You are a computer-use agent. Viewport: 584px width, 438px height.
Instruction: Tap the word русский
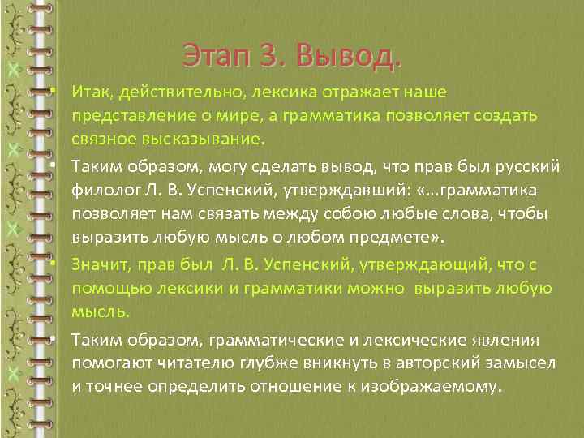(526, 166)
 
